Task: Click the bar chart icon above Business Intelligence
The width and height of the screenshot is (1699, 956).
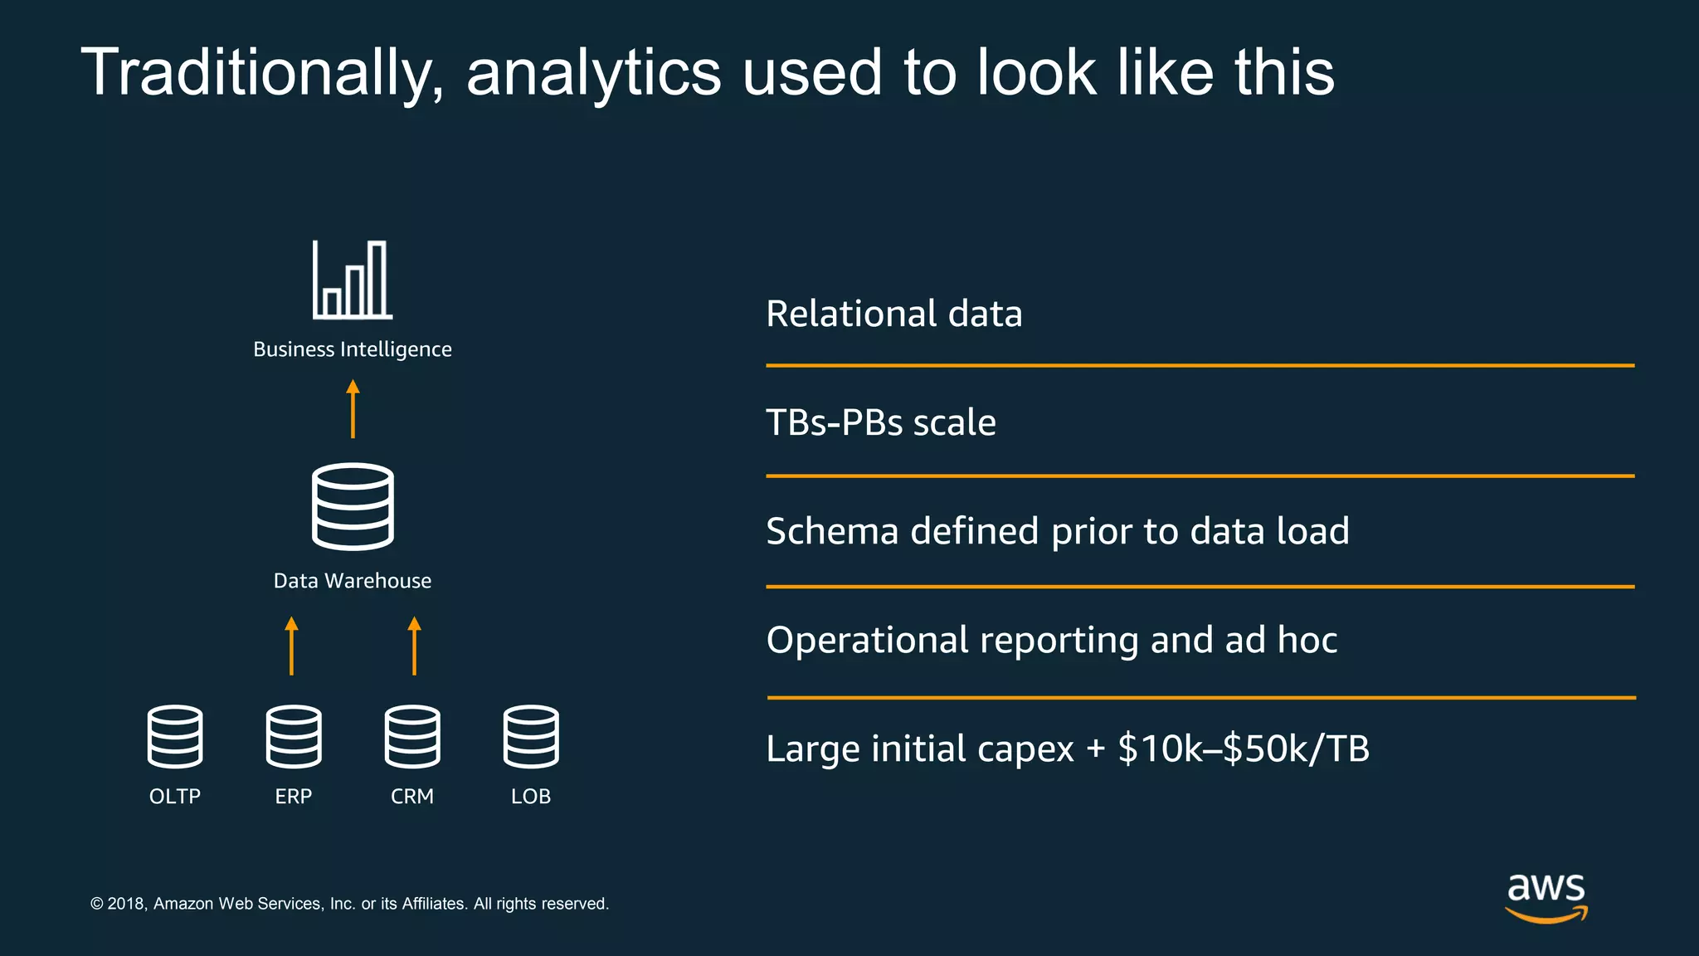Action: click(353, 280)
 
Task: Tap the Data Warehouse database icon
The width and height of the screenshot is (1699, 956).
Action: click(353, 506)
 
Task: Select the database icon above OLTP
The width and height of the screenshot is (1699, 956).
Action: click(175, 736)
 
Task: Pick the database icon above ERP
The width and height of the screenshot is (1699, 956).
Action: click(294, 736)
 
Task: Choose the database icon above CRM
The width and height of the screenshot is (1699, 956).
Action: click(412, 736)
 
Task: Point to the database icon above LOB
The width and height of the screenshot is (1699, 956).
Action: click(531, 736)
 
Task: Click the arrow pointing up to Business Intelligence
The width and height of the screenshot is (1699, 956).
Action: click(353, 408)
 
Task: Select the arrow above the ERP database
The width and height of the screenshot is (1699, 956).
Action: click(291, 645)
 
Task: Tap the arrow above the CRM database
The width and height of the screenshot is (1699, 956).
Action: click(415, 645)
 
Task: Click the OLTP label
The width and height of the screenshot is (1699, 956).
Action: click(175, 797)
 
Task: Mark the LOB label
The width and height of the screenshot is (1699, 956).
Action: click(531, 797)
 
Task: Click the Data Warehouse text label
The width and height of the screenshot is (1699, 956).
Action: click(353, 581)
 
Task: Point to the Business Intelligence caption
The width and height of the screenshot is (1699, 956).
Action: click(353, 349)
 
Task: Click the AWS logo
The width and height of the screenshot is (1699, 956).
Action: click(1546, 897)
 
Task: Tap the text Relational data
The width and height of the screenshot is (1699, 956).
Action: click(893, 314)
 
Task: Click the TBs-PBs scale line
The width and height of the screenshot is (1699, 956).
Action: click(880, 422)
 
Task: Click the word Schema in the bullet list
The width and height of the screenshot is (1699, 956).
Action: click(832, 531)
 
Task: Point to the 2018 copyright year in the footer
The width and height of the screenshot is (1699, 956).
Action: click(126, 904)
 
